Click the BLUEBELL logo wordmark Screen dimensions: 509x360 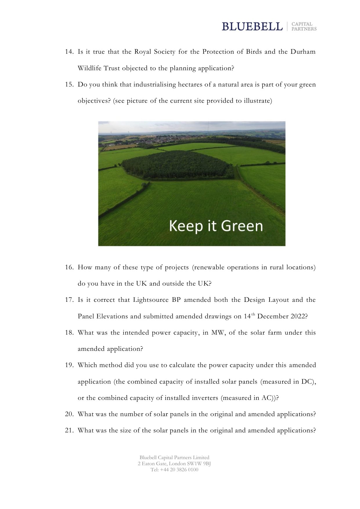pos(252,26)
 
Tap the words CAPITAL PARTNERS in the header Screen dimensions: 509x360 pos(304,26)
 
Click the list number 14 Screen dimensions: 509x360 pos(69,52)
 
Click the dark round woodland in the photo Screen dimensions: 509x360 pos(177,165)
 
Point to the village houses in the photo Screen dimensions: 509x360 pos(162,140)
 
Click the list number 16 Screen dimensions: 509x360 pos(69,267)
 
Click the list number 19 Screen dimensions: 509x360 pos(69,365)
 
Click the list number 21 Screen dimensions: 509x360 pos(69,430)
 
